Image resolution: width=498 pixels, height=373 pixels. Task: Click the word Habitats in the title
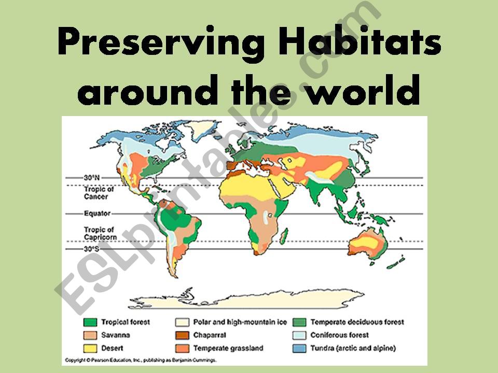pos(360,41)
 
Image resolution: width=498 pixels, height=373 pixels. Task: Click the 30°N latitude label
pos(92,178)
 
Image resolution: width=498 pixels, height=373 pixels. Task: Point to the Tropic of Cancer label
pos(99,193)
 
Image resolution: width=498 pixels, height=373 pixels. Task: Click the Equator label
pos(97,213)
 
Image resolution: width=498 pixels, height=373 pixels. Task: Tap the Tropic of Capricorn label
pos(100,233)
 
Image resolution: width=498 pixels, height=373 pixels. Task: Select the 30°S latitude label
pos(91,249)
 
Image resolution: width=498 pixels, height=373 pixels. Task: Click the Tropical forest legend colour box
pos(90,322)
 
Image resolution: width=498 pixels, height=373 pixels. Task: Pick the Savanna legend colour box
pos(90,335)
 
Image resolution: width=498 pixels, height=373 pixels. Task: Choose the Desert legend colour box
pos(90,348)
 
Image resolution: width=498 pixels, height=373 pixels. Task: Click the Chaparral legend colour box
pos(182,335)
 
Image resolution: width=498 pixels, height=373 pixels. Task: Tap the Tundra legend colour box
pos(299,348)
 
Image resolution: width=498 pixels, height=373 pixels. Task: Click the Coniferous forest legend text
pos(339,335)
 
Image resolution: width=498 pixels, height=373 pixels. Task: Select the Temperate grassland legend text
pos(228,348)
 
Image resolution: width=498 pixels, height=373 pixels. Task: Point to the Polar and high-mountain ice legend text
pos(240,322)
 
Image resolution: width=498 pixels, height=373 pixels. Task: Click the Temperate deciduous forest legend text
pos(357,322)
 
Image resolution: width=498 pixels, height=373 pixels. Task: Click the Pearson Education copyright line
pos(141,360)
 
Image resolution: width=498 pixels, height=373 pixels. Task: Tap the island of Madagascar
pos(284,236)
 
